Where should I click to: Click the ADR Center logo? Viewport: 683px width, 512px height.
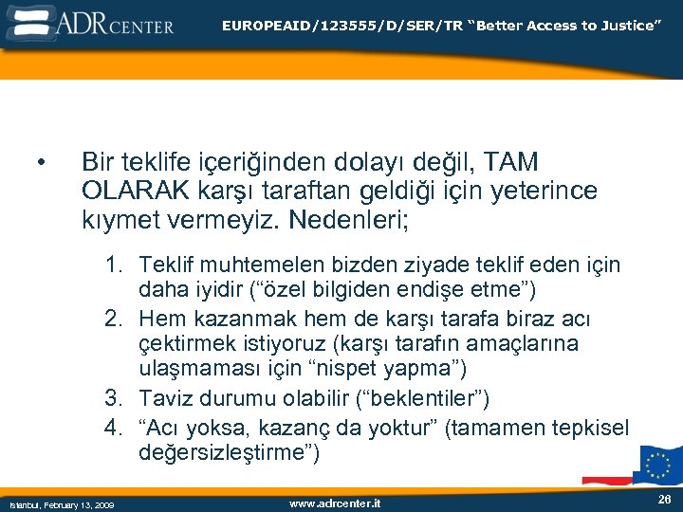[90, 22]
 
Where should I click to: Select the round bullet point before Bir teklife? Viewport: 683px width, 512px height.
[41, 164]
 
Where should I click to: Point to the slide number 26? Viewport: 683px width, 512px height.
[663, 499]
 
